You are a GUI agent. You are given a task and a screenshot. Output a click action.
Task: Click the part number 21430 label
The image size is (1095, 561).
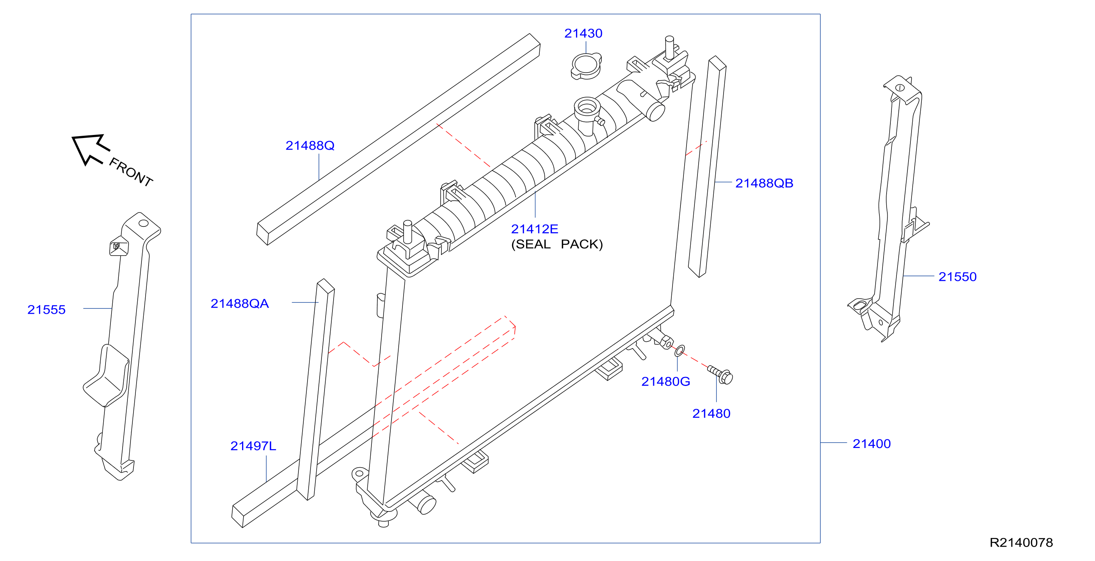pyautogui.click(x=583, y=33)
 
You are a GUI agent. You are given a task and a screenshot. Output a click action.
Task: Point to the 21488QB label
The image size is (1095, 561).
pyautogui.click(x=764, y=183)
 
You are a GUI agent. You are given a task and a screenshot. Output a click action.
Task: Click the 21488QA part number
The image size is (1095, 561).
pyautogui.click(x=240, y=304)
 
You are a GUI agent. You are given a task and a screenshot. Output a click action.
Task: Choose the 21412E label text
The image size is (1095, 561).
pyautogui.click(x=534, y=229)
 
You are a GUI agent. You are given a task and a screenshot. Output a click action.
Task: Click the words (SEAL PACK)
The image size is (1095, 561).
pyautogui.click(x=557, y=244)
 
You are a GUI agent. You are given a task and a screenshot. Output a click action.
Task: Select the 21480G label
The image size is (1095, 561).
pyautogui.click(x=666, y=382)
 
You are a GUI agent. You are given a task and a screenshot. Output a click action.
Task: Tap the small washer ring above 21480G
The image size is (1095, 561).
pyautogui.click(x=680, y=351)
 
